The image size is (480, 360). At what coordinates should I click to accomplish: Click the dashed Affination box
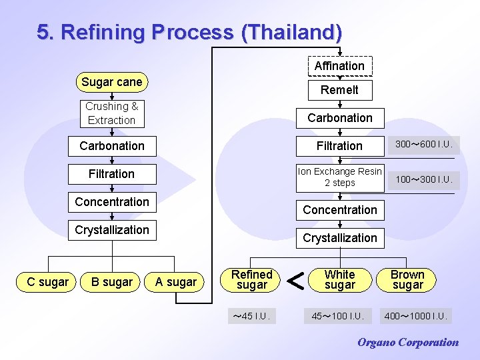click(x=339, y=66)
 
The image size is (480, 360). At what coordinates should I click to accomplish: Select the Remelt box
click(x=339, y=90)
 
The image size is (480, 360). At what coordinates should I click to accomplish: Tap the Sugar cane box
click(x=111, y=82)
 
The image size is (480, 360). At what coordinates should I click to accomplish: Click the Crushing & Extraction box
click(x=111, y=113)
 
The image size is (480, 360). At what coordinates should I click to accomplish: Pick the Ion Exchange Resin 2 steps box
click(x=339, y=177)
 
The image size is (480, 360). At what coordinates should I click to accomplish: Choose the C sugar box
click(x=47, y=282)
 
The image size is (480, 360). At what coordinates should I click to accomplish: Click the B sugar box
click(x=112, y=282)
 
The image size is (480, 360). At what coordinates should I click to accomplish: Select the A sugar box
click(x=176, y=282)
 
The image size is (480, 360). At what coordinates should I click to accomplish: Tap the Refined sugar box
click(x=252, y=279)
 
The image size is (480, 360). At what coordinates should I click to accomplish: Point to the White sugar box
click(x=339, y=279)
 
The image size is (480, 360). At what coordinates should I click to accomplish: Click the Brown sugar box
click(x=407, y=279)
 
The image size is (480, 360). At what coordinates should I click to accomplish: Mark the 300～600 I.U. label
click(x=424, y=145)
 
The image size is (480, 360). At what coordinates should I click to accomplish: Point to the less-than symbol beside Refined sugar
click(x=296, y=281)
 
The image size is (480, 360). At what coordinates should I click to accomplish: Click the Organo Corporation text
click(x=408, y=343)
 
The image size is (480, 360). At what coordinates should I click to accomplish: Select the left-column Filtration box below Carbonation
click(x=111, y=174)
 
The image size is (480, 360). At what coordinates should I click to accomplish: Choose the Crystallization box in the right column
click(x=339, y=238)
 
